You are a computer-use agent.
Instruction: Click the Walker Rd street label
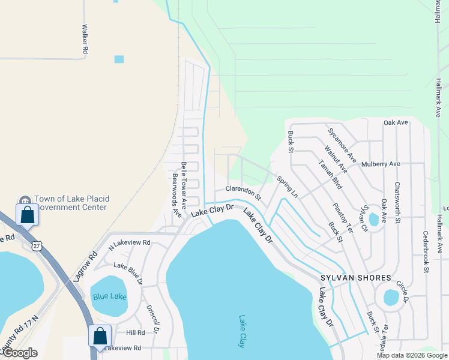(x=85, y=40)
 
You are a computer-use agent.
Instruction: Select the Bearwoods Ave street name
(x=176, y=194)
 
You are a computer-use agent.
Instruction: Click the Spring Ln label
(x=287, y=187)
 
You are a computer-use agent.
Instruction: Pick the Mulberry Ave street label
(x=381, y=163)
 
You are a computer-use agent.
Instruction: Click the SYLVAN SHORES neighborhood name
(x=355, y=278)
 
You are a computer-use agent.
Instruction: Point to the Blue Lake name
(x=109, y=296)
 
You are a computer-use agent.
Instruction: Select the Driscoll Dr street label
(x=152, y=318)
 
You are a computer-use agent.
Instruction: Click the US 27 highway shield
(x=37, y=245)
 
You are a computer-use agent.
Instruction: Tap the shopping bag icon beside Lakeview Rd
(x=100, y=336)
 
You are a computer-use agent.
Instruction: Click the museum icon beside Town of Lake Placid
(x=25, y=199)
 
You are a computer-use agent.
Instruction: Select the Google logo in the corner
(x=20, y=353)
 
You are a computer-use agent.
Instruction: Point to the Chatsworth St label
(x=397, y=203)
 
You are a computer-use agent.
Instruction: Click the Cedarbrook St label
(x=426, y=252)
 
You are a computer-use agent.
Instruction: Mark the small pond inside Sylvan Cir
(x=374, y=220)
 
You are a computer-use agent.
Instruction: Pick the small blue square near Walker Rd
(x=119, y=59)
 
